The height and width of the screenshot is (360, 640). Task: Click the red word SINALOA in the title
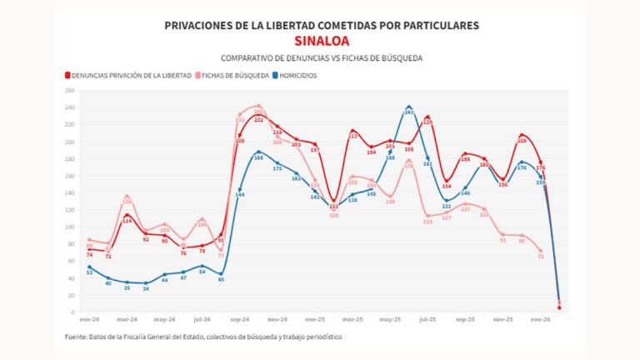[321, 41]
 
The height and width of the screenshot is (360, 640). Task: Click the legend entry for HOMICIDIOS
[292, 76]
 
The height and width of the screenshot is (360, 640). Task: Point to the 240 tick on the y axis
[70, 107]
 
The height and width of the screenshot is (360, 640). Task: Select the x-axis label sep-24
[240, 319]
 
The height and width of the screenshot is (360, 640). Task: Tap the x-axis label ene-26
[540, 319]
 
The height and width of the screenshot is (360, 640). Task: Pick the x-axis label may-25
[390, 319]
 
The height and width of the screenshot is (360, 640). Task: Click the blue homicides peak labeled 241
[409, 107]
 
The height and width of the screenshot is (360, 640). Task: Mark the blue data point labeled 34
[146, 283]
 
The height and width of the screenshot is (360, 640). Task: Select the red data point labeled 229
[428, 117]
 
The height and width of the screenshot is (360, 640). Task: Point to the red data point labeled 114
[127, 215]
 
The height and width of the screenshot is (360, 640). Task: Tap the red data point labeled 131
[334, 201]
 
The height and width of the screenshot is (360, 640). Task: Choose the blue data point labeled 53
[89, 267]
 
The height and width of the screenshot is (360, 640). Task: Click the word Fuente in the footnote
[77, 337]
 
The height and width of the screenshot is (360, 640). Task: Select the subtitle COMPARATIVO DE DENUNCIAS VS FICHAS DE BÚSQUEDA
[321, 58]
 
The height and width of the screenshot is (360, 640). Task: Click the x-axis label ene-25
[315, 319]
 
